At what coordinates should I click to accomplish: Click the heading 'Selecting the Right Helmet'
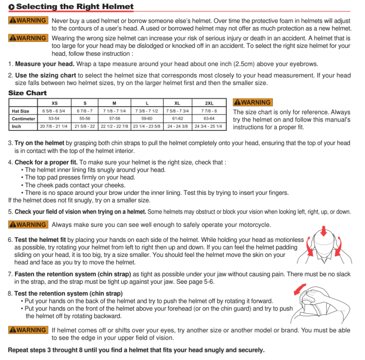[75, 6]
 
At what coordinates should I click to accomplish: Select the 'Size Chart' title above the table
[27, 93]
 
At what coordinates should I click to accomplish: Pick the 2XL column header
[209, 103]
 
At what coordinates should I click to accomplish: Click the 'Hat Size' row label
[21, 111]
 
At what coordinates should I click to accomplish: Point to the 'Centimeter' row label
[23, 119]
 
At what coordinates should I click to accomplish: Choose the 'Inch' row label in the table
[16, 126]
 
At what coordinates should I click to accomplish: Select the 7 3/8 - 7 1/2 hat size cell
[146, 111]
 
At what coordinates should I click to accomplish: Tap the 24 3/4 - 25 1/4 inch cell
[209, 126]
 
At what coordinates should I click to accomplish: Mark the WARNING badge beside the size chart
[253, 103]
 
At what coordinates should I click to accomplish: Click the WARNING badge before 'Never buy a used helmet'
[28, 21]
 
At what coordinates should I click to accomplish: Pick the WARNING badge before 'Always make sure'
[28, 224]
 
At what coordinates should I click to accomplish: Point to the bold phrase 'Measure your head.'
[45, 64]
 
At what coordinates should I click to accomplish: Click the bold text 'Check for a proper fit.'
[46, 162]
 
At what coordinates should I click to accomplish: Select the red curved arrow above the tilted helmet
[300, 289]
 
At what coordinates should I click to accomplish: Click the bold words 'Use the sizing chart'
[46, 75]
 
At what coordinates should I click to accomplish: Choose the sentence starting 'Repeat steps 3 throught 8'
[136, 350]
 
